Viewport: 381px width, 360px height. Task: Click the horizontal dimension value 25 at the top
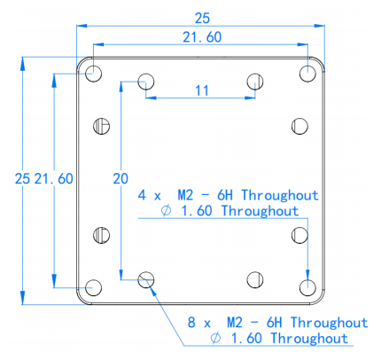pyautogui.click(x=202, y=19)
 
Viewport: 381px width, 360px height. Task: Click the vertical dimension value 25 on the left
pyautogui.click(x=22, y=179)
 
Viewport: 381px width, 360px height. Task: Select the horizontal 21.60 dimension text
pyautogui.click(x=202, y=37)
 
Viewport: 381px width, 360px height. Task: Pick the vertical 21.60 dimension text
pyautogui.click(x=53, y=179)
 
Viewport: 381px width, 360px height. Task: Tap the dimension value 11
pyautogui.click(x=202, y=90)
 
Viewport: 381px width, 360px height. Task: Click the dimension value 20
pyautogui.click(x=121, y=179)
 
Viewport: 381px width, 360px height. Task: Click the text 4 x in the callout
pyautogui.click(x=150, y=196)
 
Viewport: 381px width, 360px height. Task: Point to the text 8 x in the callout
pyautogui.click(x=199, y=323)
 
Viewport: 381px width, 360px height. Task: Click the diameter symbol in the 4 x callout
pyautogui.click(x=166, y=211)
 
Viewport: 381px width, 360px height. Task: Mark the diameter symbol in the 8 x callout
pyautogui.click(x=215, y=338)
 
